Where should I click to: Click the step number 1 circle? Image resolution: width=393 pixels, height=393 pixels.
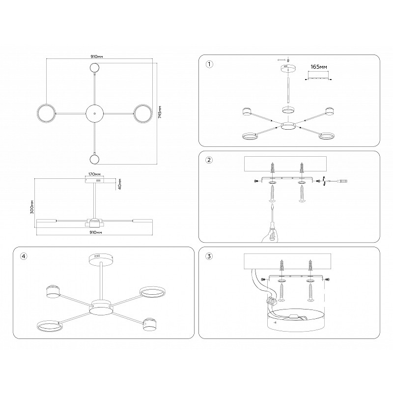pyautogui.click(x=209, y=64)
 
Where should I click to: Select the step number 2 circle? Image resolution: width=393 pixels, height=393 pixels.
pyautogui.click(x=209, y=160)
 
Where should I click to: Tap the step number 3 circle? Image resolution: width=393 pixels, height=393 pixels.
pyautogui.click(x=209, y=256)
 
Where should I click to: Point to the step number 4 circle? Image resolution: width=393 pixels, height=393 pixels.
pyautogui.click(x=24, y=256)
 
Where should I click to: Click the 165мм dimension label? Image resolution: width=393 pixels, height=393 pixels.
pyautogui.click(x=319, y=67)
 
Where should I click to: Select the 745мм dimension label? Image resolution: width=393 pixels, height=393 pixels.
pyautogui.click(x=160, y=112)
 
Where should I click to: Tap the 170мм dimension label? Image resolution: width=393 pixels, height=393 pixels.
pyautogui.click(x=94, y=174)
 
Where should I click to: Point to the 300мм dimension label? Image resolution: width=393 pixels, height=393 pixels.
pyautogui.click(x=32, y=207)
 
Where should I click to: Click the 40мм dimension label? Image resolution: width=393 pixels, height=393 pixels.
pyautogui.click(x=119, y=184)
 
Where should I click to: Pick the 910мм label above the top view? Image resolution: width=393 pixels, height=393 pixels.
pyautogui.click(x=97, y=56)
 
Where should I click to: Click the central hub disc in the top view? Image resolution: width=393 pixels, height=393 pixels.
pyautogui.click(x=94, y=113)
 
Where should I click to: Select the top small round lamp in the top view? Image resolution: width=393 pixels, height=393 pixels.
pyautogui.click(x=94, y=68)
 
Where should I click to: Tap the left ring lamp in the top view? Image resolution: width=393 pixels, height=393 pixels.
pyautogui.click(x=46, y=113)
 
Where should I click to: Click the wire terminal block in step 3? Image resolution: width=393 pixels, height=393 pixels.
pyautogui.click(x=272, y=300)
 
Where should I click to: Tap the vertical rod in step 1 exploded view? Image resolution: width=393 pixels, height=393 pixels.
pyautogui.click(x=288, y=90)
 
